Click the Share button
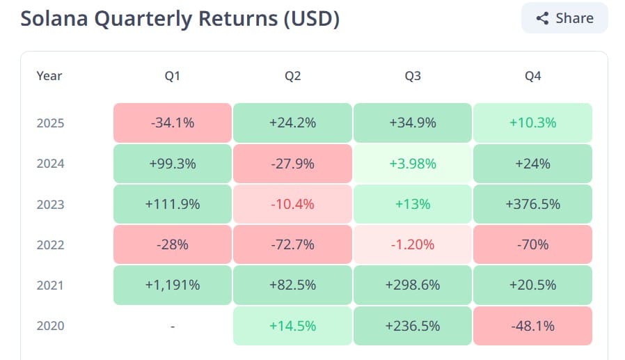pyautogui.click(x=564, y=18)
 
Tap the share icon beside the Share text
pyautogui.click(x=542, y=18)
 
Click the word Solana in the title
pyautogui.click(x=54, y=18)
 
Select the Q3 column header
pyautogui.click(x=413, y=76)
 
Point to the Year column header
pyautogui.click(x=49, y=76)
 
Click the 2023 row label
pyautogui.click(x=50, y=204)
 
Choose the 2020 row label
pyautogui.click(x=50, y=326)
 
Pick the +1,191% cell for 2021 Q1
pyautogui.click(x=173, y=285)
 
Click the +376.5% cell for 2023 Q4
pyautogui.click(x=532, y=204)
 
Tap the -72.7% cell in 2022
pyautogui.click(x=292, y=244)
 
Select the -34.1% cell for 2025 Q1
pyautogui.click(x=173, y=123)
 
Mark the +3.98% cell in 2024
pyautogui.click(x=413, y=164)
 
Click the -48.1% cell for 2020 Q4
pyautogui.click(x=532, y=326)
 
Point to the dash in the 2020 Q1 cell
pyautogui.click(x=173, y=327)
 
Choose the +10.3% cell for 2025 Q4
pyautogui.click(x=532, y=123)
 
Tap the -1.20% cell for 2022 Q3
pyautogui.click(x=413, y=244)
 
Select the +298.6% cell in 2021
pyautogui.click(x=413, y=285)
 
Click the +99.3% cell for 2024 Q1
pyautogui.click(x=173, y=164)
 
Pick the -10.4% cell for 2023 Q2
pyautogui.click(x=292, y=204)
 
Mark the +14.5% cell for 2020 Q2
pyautogui.click(x=292, y=326)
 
